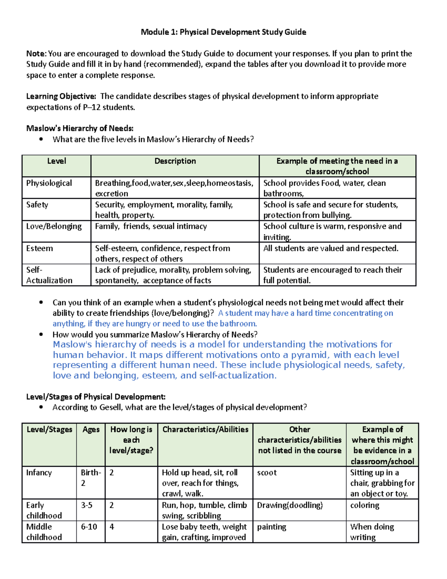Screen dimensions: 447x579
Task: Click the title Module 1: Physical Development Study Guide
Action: click(x=223, y=32)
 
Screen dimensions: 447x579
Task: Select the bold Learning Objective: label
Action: click(x=61, y=96)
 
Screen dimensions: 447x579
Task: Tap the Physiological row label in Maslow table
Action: click(x=49, y=183)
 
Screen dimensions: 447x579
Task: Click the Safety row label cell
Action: click(x=37, y=205)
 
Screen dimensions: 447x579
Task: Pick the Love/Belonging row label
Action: click(x=54, y=226)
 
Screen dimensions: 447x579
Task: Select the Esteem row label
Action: click(x=39, y=248)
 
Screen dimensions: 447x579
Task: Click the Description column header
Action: click(x=175, y=161)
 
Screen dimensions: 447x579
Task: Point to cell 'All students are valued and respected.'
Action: click(x=331, y=248)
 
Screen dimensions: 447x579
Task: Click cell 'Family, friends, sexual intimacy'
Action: click(x=151, y=226)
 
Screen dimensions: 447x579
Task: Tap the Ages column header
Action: click(x=91, y=429)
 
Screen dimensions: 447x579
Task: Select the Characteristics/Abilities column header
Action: click(x=205, y=429)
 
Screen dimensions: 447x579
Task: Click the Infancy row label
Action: click(x=39, y=473)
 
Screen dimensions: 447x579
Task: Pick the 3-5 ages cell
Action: click(x=86, y=505)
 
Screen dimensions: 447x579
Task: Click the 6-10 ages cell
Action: click(x=89, y=527)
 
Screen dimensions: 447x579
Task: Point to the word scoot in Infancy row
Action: click(x=267, y=473)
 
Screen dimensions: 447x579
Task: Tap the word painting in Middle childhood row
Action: click(x=272, y=527)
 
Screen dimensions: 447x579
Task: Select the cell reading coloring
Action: click(x=365, y=505)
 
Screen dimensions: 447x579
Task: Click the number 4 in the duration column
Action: click(x=112, y=527)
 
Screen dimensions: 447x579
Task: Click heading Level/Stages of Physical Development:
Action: click(x=96, y=397)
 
